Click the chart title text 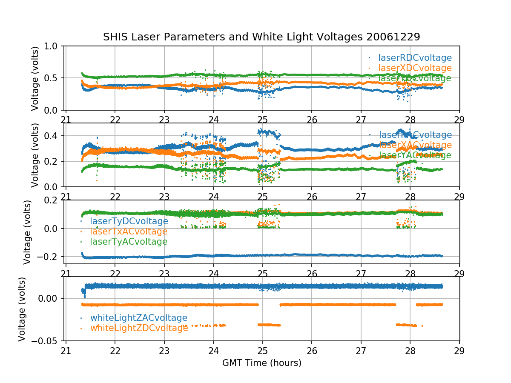click(x=261, y=37)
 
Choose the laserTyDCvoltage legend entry click(x=129, y=221)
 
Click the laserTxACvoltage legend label click(x=128, y=232)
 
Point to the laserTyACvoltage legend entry click(x=128, y=242)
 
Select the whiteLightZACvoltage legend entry click(x=138, y=318)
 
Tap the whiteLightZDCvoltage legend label click(x=139, y=328)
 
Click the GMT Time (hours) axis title click(x=261, y=363)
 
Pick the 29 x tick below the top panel click(x=459, y=120)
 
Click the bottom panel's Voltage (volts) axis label click(x=22, y=309)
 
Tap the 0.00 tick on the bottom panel click(x=49, y=298)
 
